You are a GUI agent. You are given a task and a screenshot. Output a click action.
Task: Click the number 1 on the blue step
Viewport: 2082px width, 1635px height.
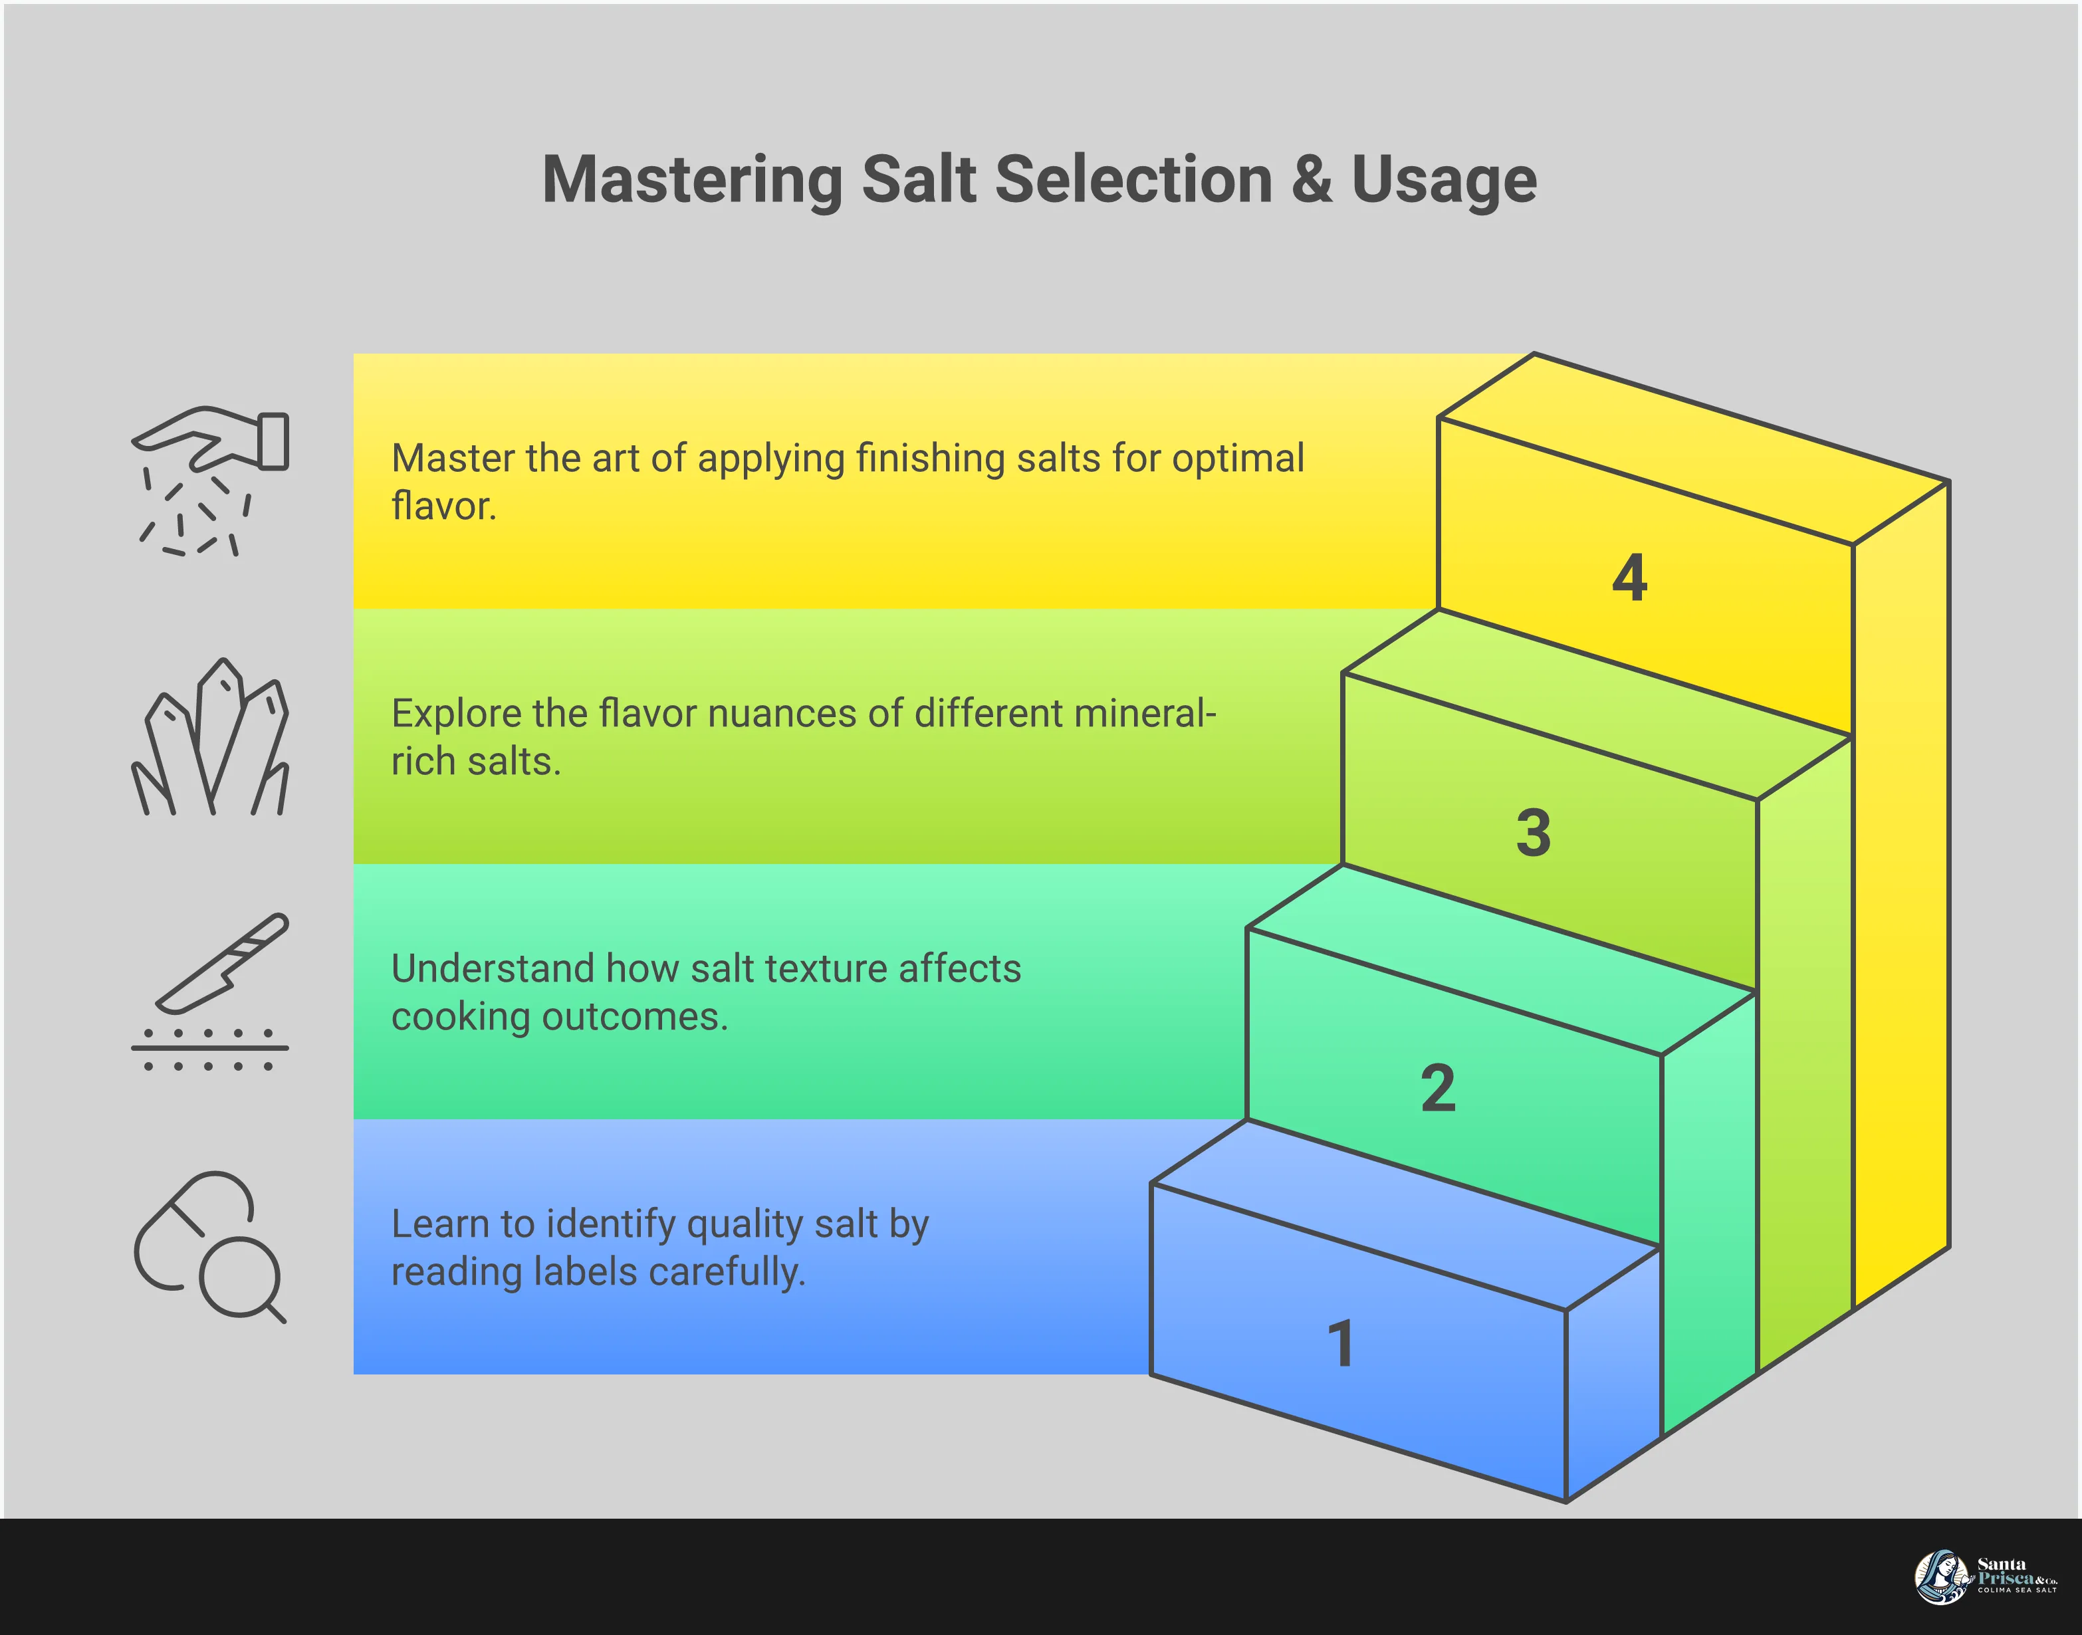click(x=1340, y=1343)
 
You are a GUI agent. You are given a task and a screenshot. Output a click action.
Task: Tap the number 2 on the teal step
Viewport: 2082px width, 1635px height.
click(x=1438, y=1089)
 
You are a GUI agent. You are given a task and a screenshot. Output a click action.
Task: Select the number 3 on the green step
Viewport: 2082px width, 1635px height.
click(x=1534, y=832)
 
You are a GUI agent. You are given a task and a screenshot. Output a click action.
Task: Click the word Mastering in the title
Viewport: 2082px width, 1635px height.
click(x=691, y=180)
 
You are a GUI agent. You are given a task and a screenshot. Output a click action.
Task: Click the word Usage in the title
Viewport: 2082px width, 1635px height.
click(x=1444, y=180)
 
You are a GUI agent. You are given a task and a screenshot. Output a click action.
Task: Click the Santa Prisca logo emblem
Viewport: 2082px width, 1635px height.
click(x=1940, y=1577)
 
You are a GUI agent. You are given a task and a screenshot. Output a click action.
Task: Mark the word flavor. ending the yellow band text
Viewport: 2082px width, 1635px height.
click(x=444, y=506)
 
